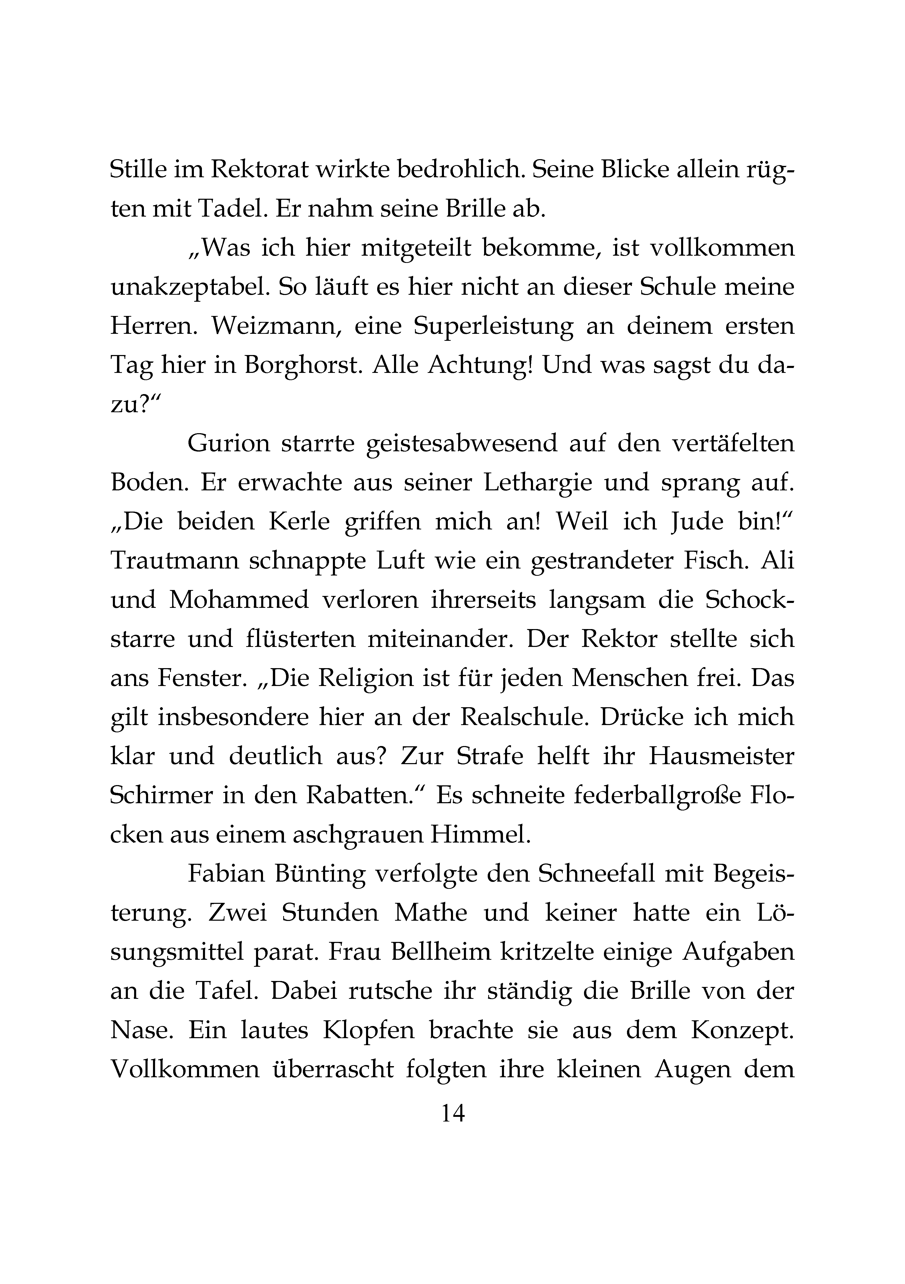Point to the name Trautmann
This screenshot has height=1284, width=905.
coord(174,561)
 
